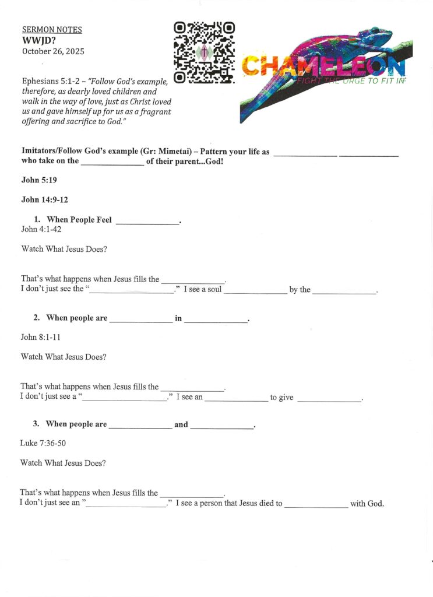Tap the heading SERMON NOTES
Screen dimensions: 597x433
point(52,30)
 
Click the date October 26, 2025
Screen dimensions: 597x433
point(53,51)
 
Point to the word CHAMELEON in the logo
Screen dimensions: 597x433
point(323,66)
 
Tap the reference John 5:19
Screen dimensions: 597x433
point(39,180)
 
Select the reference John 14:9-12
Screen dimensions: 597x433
point(45,200)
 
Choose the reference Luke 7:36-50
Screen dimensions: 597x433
point(43,443)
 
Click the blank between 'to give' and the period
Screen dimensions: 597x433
point(329,399)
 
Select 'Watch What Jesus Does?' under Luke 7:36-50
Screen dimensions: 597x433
point(63,463)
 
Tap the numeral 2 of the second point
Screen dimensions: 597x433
point(36,318)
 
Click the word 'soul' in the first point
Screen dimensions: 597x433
point(214,289)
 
